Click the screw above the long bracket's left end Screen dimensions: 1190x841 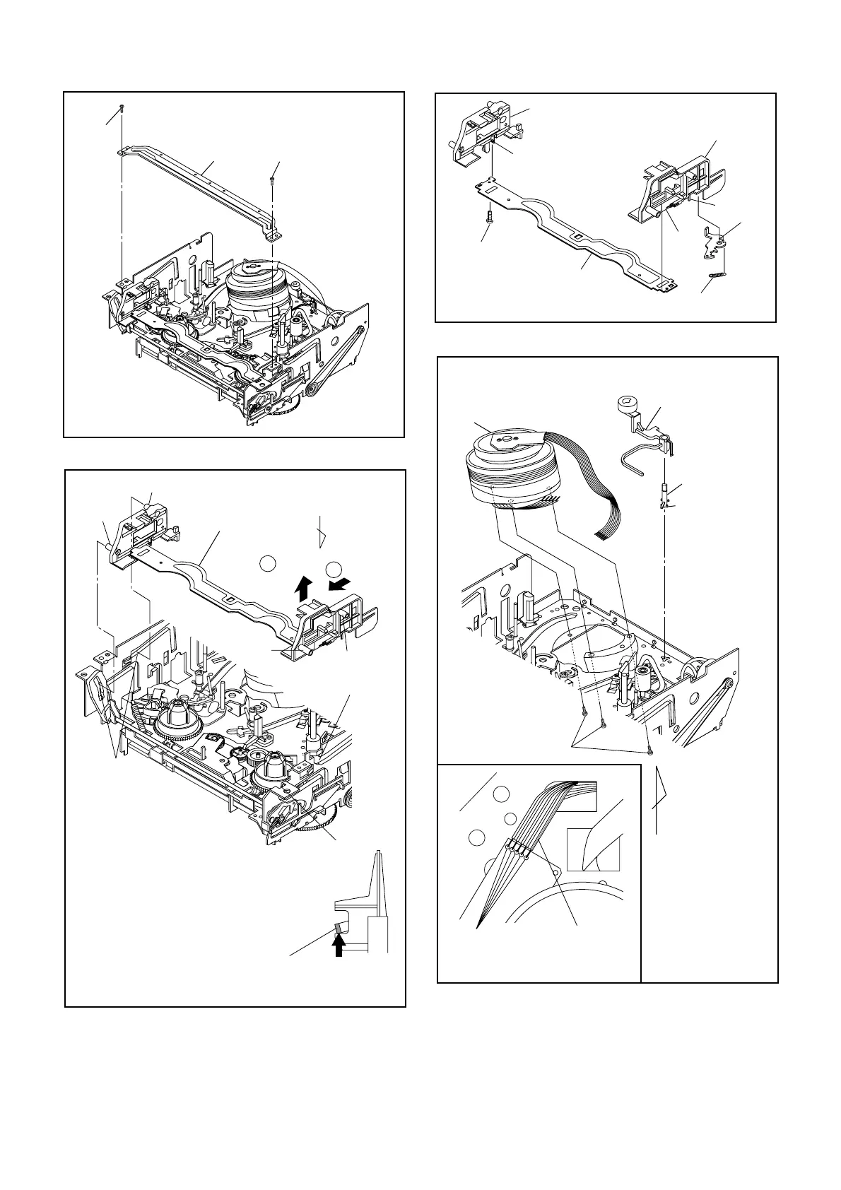pos(122,107)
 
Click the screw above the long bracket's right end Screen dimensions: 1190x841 pos(273,181)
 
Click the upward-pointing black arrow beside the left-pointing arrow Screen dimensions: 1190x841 pos(303,586)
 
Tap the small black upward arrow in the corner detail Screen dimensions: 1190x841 pos(341,945)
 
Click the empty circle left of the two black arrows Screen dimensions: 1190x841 pos(267,563)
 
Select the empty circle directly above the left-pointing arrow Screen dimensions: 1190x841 pos(334,567)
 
